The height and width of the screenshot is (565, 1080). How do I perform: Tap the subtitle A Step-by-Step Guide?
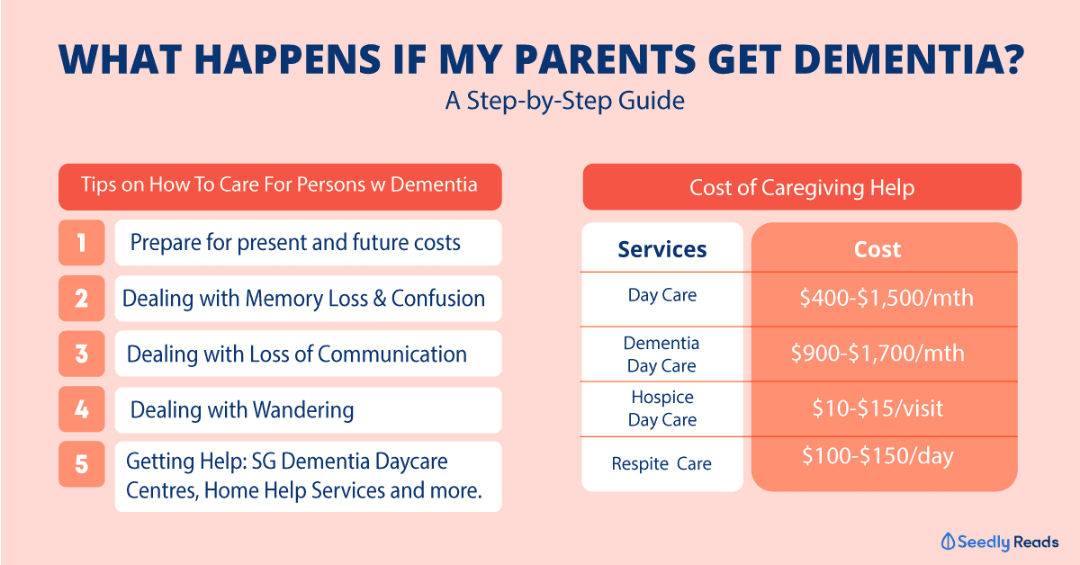564,101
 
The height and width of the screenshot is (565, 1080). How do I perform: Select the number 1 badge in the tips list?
82,243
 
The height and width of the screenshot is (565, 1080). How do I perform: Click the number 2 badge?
82,298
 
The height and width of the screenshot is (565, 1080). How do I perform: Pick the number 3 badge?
82,354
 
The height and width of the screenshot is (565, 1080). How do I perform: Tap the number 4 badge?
82,408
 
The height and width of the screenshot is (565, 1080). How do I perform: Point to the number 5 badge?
82,463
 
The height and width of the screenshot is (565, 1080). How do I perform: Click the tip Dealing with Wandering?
242,410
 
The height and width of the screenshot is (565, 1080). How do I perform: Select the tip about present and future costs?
295,243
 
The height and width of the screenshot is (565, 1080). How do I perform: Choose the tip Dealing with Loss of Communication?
296,354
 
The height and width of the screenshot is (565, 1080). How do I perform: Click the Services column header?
662,249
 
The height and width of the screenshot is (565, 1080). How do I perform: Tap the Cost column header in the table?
877,249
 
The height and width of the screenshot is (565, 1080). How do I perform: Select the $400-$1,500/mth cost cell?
886,298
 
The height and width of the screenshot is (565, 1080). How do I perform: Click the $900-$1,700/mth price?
877,354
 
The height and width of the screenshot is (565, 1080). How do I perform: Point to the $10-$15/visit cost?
877,408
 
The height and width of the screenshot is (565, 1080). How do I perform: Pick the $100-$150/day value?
877,455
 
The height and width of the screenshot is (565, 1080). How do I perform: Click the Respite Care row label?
661,463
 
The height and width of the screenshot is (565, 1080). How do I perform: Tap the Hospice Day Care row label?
662,408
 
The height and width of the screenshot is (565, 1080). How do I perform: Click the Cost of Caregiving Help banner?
802,187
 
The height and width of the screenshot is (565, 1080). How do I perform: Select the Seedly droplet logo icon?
948,542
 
